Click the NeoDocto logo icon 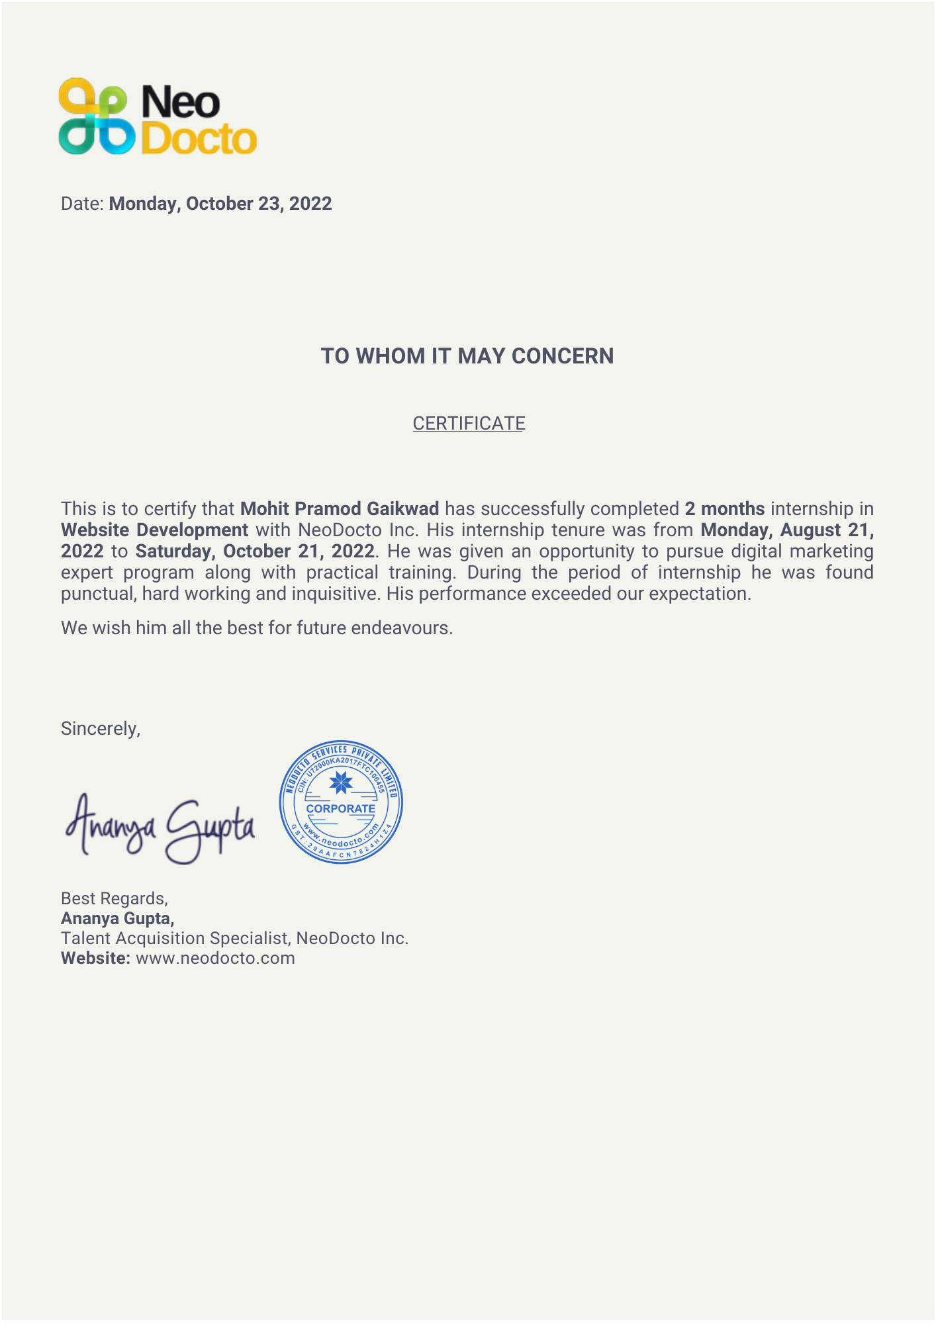pyautogui.click(x=97, y=117)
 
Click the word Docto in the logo pyautogui.click(x=199, y=138)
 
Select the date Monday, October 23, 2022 pyautogui.click(x=220, y=204)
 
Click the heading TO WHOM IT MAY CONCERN pyautogui.click(x=467, y=356)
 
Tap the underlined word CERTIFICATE pyautogui.click(x=469, y=424)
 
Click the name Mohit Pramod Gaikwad pyautogui.click(x=340, y=509)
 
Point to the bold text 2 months pyautogui.click(x=725, y=509)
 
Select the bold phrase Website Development pyautogui.click(x=154, y=530)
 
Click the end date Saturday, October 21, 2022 pyautogui.click(x=256, y=551)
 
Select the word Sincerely pyautogui.click(x=99, y=729)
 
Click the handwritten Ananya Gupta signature pyautogui.click(x=160, y=827)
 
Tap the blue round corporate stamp pyautogui.click(x=341, y=802)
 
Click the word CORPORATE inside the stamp pyautogui.click(x=340, y=809)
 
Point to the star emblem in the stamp pyautogui.click(x=341, y=783)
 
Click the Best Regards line pyautogui.click(x=114, y=898)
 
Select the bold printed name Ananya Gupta pyautogui.click(x=117, y=919)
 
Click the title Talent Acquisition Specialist pyautogui.click(x=175, y=939)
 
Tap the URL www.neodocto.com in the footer pyautogui.click(x=215, y=959)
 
